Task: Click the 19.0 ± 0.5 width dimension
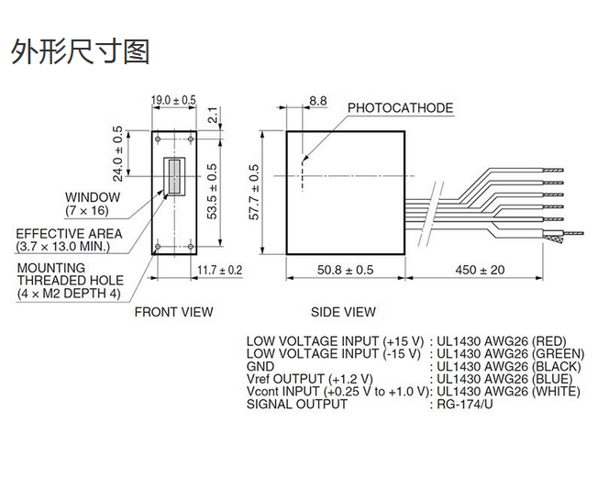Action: click(173, 99)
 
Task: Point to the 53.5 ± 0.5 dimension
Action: click(213, 191)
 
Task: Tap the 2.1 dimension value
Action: click(213, 115)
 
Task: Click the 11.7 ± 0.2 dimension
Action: click(220, 270)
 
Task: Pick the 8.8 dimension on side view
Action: click(318, 99)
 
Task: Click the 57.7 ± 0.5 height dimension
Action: click(255, 193)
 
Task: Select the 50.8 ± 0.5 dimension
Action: click(346, 270)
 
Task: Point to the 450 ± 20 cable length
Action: click(479, 270)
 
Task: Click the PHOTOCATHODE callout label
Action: click(400, 108)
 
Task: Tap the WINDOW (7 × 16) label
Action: click(92, 203)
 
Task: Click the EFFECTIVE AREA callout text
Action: click(69, 240)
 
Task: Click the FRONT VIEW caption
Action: click(173, 312)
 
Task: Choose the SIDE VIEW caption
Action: click(343, 312)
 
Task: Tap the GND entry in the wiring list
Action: click(260, 366)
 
